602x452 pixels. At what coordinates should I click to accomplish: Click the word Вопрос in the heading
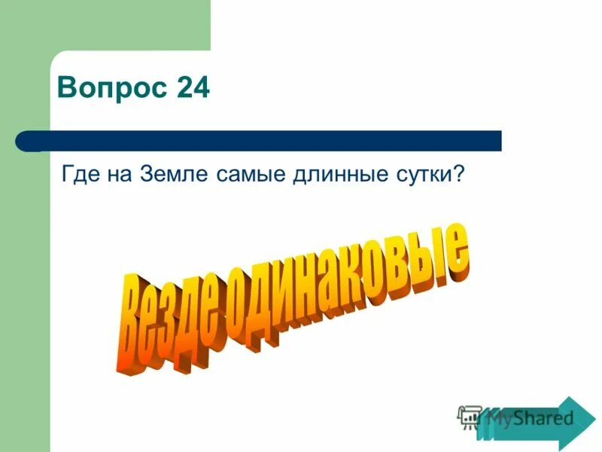tap(113, 90)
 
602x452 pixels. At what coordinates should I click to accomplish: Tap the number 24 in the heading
tap(193, 90)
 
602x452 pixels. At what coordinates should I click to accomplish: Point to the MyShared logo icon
tap(470, 417)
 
